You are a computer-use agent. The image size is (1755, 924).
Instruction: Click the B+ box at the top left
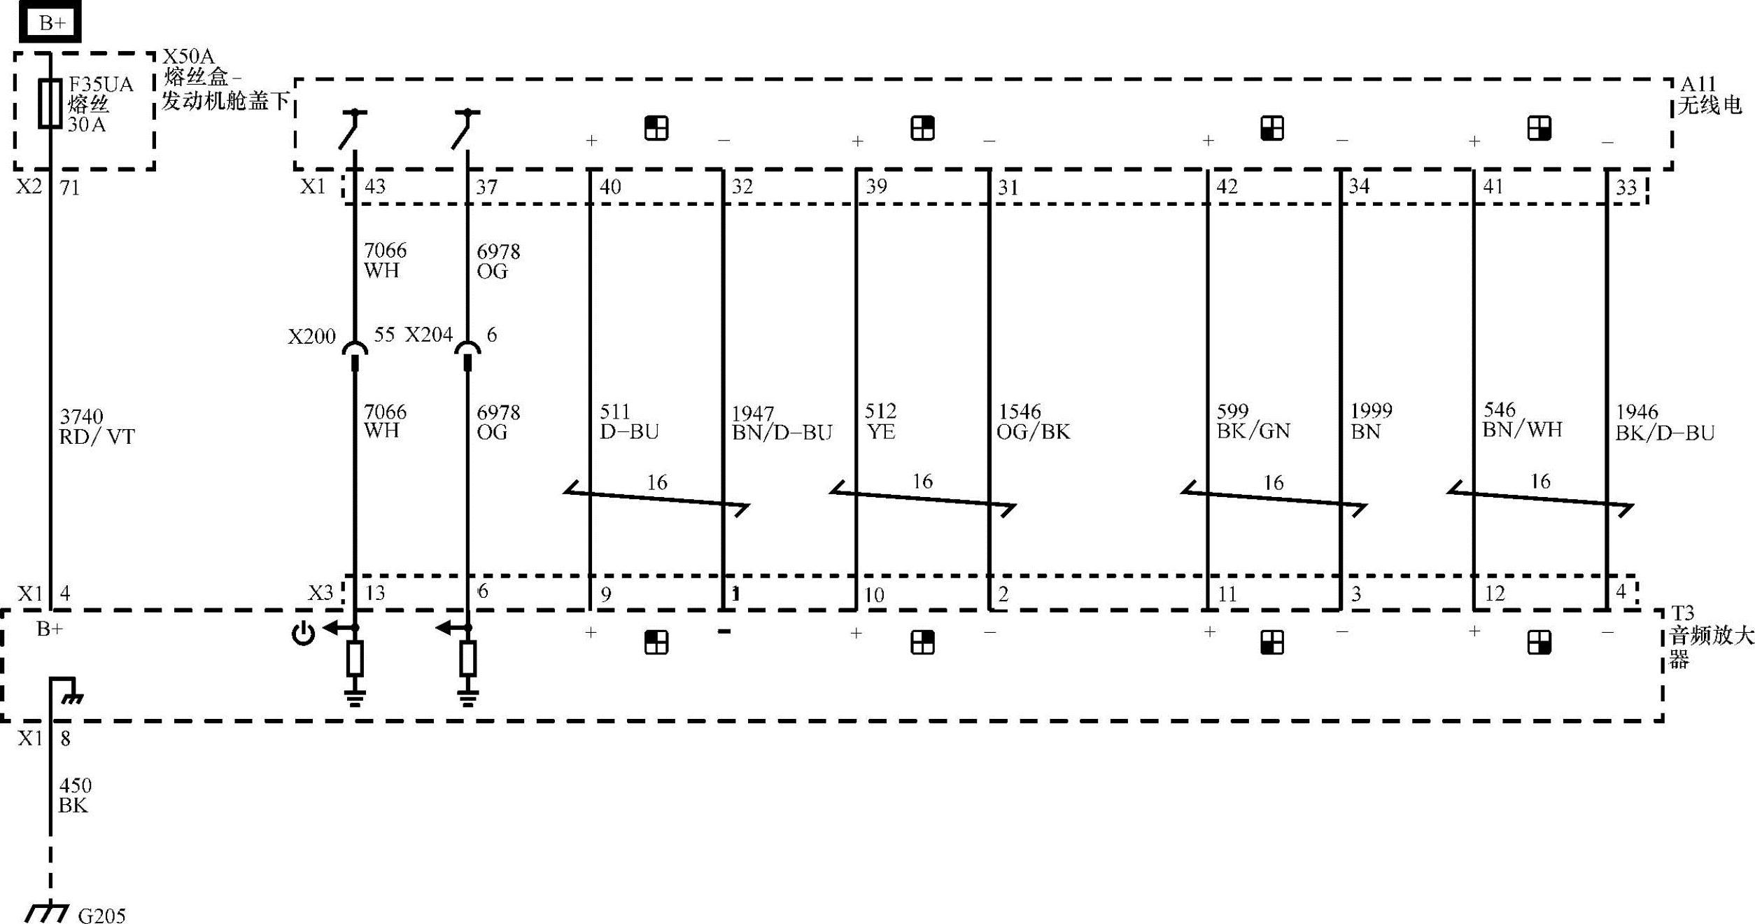(50, 22)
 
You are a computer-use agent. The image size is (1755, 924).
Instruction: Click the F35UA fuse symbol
(50, 104)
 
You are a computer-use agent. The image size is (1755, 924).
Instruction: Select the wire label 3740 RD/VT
(97, 427)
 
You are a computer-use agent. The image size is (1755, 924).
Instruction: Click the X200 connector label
(311, 337)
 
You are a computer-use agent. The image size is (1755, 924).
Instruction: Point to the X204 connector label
(428, 335)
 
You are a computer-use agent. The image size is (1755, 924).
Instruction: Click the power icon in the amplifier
(303, 634)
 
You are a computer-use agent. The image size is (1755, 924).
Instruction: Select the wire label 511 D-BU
(628, 421)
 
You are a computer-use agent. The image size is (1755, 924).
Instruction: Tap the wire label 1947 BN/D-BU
(782, 423)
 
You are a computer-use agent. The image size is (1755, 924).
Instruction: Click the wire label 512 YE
(880, 421)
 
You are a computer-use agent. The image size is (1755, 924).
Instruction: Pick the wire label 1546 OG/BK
(1033, 421)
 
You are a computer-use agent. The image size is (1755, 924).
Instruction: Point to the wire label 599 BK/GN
(1253, 421)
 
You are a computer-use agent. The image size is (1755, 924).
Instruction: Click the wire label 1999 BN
(1371, 421)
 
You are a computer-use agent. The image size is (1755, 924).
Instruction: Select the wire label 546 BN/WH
(1522, 420)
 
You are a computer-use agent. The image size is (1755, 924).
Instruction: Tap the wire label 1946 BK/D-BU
(1664, 423)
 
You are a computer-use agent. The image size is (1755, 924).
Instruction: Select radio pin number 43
(375, 186)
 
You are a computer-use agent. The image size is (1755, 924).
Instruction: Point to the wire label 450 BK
(74, 796)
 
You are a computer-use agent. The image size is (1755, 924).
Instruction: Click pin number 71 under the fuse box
(69, 188)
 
